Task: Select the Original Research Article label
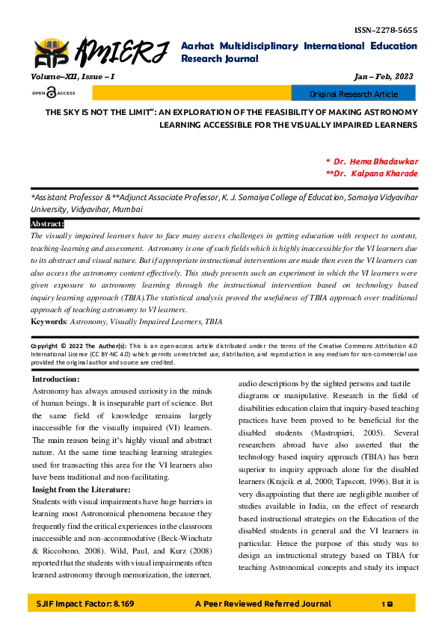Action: tap(354, 94)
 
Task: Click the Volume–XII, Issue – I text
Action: tap(73, 77)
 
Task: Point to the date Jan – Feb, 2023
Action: tap(382, 77)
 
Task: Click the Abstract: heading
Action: tap(47, 223)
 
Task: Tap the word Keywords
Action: tap(48, 322)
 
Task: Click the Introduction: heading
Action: tap(55, 379)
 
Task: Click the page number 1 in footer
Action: tap(382, 603)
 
